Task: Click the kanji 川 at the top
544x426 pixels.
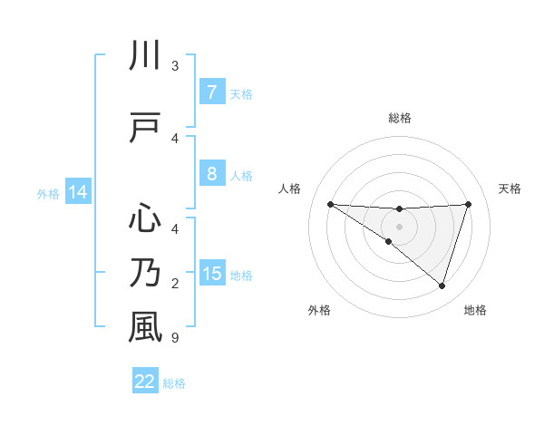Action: [x=145, y=57]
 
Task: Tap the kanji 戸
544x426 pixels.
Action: [x=145, y=129]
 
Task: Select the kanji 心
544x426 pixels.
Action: [x=145, y=218]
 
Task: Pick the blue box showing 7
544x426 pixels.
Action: [x=211, y=92]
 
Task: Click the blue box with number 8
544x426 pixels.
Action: [x=211, y=174]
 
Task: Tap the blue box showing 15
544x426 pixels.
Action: [x=211, y=274]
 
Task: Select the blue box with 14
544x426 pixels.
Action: [x=77, y=192]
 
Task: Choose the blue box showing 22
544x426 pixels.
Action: [x=145, y=382]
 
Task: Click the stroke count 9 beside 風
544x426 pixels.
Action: [x=174, y=338]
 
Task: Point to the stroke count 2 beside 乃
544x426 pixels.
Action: [x=174, y=284]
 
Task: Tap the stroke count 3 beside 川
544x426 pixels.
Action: [x=174, y=66]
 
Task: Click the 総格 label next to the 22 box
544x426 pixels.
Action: [x=174, y=383]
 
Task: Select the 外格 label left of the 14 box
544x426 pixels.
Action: [x=48, y=193]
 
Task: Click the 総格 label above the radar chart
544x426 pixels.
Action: [x=399, y=118]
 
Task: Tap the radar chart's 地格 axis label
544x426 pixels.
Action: [x=475, y=310]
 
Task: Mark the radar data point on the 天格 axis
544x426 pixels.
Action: [x=468, y=204]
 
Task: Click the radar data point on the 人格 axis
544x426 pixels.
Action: [x=330, y=204]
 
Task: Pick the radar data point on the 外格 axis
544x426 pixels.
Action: [x=389, y=241]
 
